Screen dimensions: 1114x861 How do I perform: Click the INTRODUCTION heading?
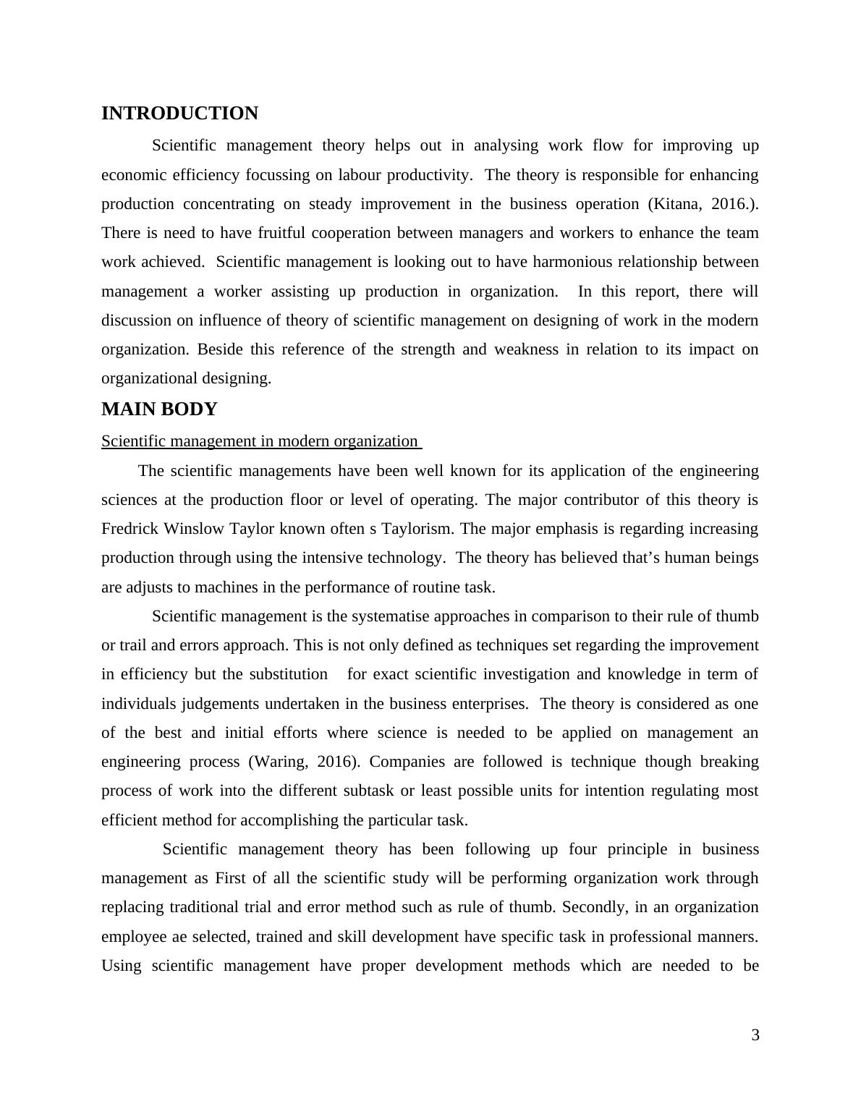pyautogui.click(x=179, y=114)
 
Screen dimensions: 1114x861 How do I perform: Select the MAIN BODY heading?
pyautogui.click(x=159, y=409)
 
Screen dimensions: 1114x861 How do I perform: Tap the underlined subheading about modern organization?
pyautogui.click(x=260, y=441)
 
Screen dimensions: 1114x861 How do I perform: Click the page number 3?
pyautogui.click(x=755, y=1035)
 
